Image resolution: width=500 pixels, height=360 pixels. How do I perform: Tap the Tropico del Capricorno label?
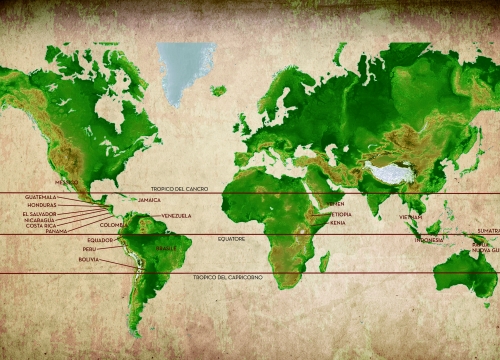click(224, 277)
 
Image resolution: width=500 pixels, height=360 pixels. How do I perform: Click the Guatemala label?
click(41, 197)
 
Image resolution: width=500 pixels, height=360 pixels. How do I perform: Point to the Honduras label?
click(42, 204)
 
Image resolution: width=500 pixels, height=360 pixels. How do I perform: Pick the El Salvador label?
click(39, 213)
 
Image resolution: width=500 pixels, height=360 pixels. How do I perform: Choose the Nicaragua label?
click(41, 219)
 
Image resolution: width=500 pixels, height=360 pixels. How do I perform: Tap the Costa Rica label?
click(41, 225)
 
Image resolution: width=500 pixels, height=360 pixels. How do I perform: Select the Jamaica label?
click(149, 200)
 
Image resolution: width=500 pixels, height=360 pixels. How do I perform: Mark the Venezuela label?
click(176, 216)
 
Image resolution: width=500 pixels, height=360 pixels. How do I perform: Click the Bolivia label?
click(89, 259)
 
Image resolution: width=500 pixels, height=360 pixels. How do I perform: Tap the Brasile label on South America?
click(166, 248)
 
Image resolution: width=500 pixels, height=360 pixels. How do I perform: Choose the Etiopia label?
click(340, 214)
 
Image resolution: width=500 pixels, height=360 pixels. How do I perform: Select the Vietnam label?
click(411, 217)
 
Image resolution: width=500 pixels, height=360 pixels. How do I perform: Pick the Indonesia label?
click(429, 240)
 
